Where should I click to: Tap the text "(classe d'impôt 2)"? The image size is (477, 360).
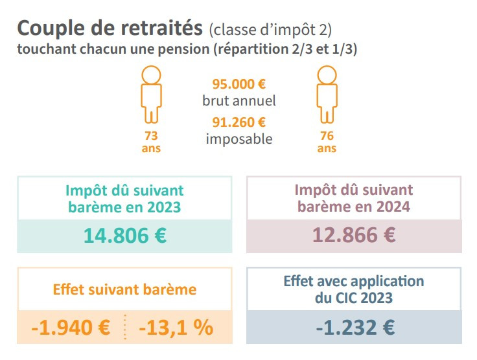(271, 29)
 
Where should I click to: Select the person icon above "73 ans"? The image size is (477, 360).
(151, 94)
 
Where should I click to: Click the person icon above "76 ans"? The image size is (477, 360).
(327, 94)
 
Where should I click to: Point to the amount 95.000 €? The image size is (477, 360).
(239, 84)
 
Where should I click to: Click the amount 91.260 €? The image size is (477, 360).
(239, 122)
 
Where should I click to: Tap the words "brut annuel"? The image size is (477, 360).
(239, 101)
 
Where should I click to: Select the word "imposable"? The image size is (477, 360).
(239, 139)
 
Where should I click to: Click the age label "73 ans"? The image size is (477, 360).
(151, 142)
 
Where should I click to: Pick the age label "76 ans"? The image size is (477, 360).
(327, 142)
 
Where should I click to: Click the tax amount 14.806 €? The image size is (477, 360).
(125, 235)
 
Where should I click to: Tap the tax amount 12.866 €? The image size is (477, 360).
(354, 235)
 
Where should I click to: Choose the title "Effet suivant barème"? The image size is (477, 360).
(124, 289)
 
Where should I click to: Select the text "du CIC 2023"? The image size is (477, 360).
(354, 299)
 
